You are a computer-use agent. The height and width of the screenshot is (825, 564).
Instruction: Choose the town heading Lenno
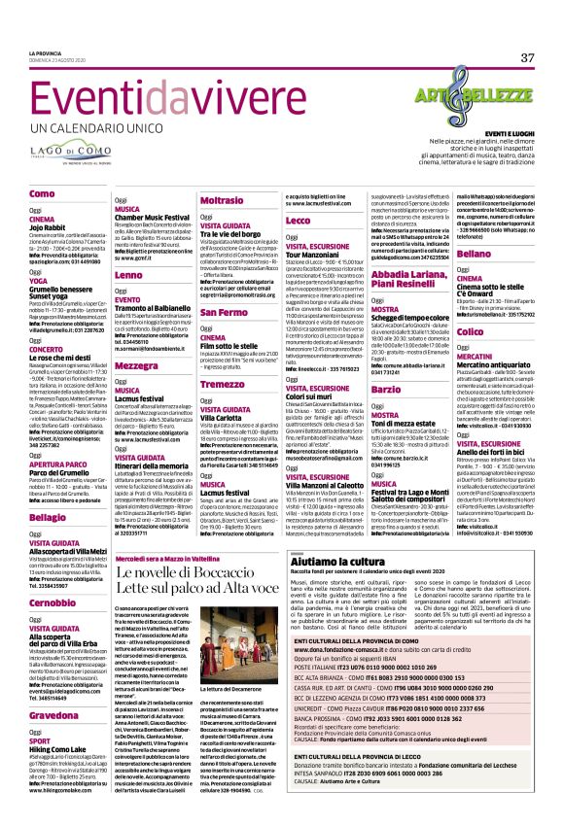pyautogui.click(x=127, y=276)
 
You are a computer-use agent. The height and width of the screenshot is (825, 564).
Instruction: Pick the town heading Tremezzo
pyautogui.click(x=222, y=384)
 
